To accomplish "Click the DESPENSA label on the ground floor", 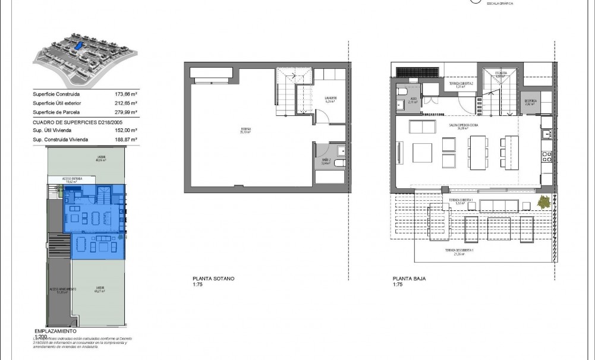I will pyautogui.click(x=531, y=102).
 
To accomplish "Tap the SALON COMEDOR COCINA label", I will pyautogui.click(x=464, y=126).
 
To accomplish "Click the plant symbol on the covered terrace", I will pyautogui.click(x=543, y=203).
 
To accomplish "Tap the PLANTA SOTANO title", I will pyautogui.click(x=213, y=278).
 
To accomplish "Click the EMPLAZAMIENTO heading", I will pyautogui.click(x=55, y=330).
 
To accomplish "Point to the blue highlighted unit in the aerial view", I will pyautogui.click(x=78, y=45).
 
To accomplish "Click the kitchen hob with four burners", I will pyautogui.click(x=547, y=157).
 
